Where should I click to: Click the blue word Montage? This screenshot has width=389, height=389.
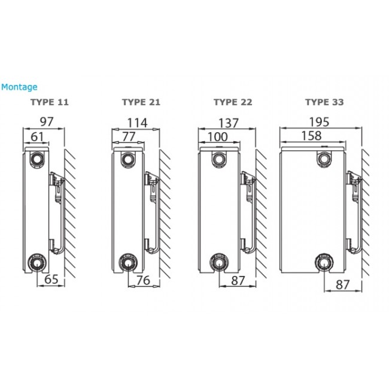tap(19, 87)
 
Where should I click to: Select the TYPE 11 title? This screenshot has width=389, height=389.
tap(49, 102)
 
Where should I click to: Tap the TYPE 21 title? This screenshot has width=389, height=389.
tap(141, 102)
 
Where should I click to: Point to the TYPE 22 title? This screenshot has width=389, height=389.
tap(233, 102)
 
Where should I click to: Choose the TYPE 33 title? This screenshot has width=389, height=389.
tap(324, 102)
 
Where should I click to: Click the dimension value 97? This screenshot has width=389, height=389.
tap(47, 121)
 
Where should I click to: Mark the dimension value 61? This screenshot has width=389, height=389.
tap(37, 136)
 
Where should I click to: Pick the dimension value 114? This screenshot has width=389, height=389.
tap(137, 123)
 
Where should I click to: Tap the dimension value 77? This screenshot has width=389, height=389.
tap(129, 136)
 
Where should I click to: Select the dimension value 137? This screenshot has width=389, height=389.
tap(228, 123)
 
